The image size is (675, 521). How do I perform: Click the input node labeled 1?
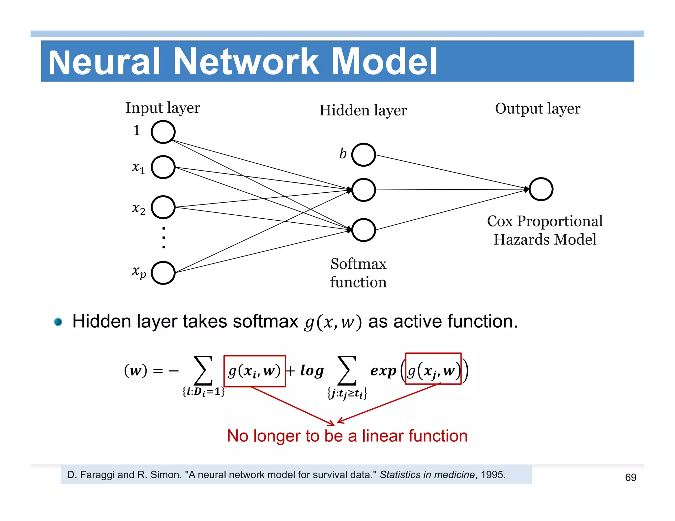coord(163,132)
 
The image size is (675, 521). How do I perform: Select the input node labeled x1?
coord(163,167)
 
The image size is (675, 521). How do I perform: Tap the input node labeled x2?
coord(163,207)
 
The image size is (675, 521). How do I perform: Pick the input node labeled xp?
coord(163,273)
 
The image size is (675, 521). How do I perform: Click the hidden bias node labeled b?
coord(363,154)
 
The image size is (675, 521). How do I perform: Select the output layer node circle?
coord(541,189)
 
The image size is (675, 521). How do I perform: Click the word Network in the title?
coord(246,62)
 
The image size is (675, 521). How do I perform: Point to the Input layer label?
coord(162,108)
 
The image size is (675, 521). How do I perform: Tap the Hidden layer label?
coord(363,110)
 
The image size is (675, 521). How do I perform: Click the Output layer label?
coord(537,108)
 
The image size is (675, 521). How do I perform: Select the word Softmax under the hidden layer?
coord(358,264)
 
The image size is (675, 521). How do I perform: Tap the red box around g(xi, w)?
coord(254,371)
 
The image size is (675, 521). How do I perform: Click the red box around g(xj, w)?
coord(433,369)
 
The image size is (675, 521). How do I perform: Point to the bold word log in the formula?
coord(311,371)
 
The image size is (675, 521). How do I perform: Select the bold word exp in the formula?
coord(383,371)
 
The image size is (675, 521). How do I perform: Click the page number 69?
coord(630,477)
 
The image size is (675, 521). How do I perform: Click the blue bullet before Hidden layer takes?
coord(58,321)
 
